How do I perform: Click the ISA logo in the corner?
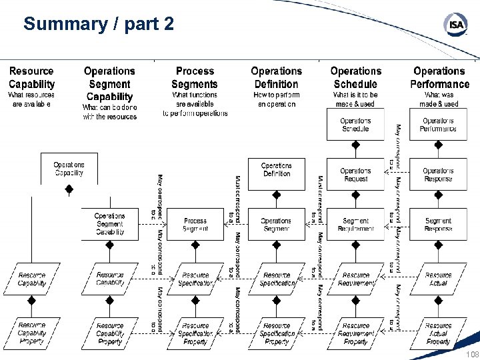tap(455, 25)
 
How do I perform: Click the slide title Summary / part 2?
tap(99, 25)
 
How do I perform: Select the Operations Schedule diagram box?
tap(355, 125)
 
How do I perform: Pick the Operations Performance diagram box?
tap(438, 125)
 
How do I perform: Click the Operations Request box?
tap(355, 175)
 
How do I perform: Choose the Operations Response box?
tap(438, 175)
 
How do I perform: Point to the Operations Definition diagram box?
tap(276, 170)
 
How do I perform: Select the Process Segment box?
tap(195, 225)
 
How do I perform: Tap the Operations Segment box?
tap(276, 225)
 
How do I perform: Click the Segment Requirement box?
tap(355, 225)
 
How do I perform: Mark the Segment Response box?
tap(438, 225)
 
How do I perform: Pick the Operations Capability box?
tap(69, 169)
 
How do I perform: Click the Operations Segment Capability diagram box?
tap(109, 224)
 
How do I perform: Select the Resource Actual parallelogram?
tap(438, 279)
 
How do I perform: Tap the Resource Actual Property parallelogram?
tap(438, 333)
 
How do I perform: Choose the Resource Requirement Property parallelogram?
tap(355, 333)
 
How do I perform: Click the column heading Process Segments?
tap(195, 77)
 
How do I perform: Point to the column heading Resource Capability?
tap(31, 77)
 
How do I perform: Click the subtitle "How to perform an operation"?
tap(276, 99)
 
